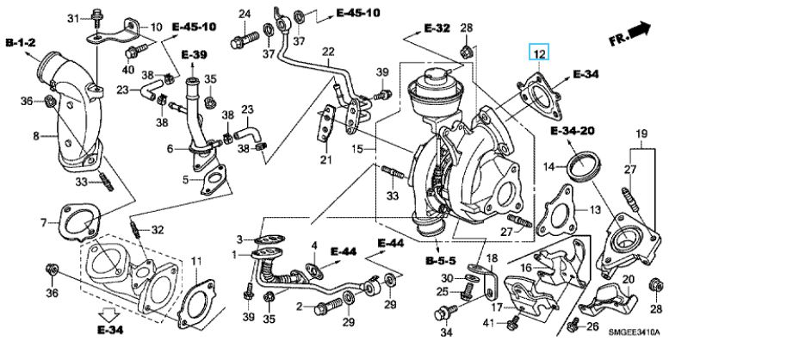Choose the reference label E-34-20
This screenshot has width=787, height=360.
[x=573, y=132]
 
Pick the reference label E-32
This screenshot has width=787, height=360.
[x=437, y=28]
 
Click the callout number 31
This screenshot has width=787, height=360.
[x=72, y=17]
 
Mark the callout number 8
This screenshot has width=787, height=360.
[x=36, y=134]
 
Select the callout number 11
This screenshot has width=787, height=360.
[x=196, y=260]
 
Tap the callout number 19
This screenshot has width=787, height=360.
[x=641, y=133]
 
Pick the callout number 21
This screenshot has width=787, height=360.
[x=325, y=159]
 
